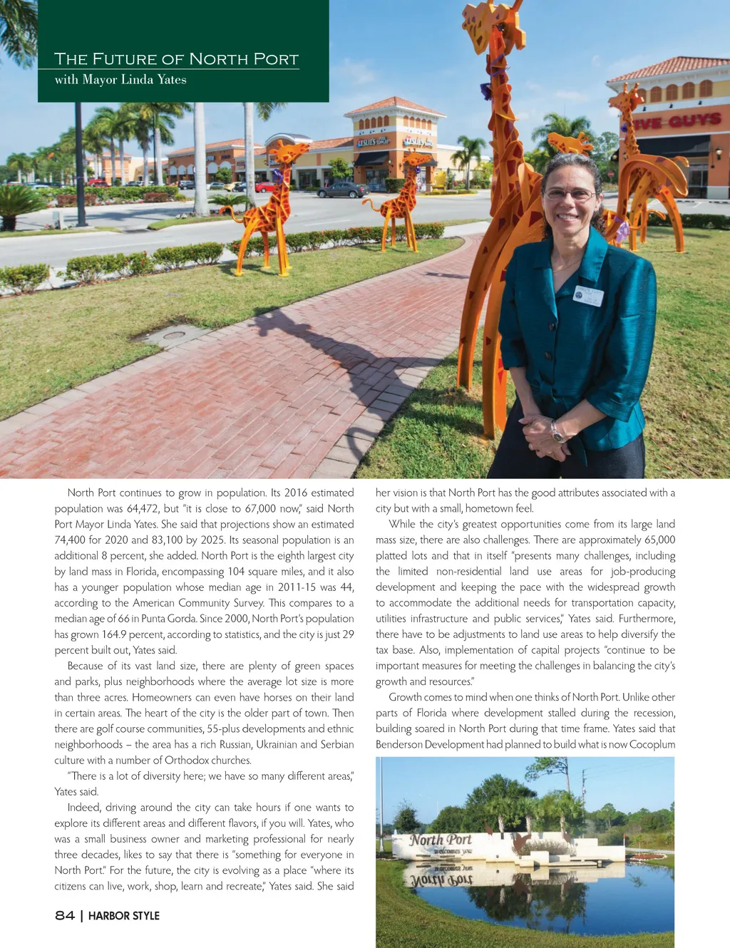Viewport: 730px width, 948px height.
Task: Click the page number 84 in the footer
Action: [x=64, y=915]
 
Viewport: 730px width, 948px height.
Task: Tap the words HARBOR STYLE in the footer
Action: [x=124, y=915]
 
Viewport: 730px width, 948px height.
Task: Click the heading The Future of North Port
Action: [x=176, y=58]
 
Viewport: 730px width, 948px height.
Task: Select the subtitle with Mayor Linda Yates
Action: [x=120, y=80]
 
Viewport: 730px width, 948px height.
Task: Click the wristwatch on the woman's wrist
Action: [x=556, y=431]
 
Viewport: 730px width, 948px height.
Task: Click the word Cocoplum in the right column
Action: [x=652, y=744]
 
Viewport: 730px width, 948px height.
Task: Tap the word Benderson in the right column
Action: [x=399, y=744]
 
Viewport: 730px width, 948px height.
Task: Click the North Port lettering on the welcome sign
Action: [x=440, y=840]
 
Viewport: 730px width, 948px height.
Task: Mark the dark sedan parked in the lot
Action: [x=342, y=190]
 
